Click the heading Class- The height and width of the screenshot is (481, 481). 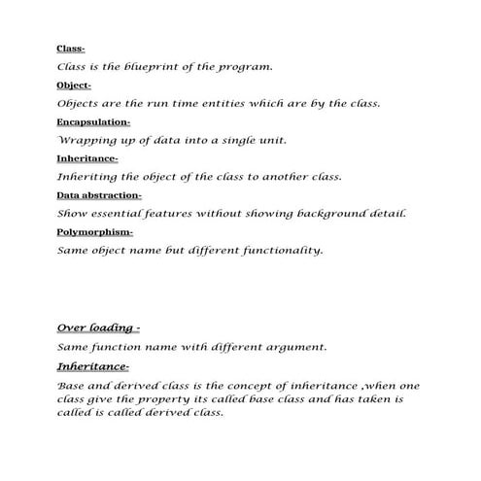tap(71, 49)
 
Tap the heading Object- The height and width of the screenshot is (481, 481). tap(75, 86)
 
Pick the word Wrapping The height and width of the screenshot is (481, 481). tap(85, 141)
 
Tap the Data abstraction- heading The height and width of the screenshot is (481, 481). tap(98, 195)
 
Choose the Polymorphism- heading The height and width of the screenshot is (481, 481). tap(95, 232)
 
